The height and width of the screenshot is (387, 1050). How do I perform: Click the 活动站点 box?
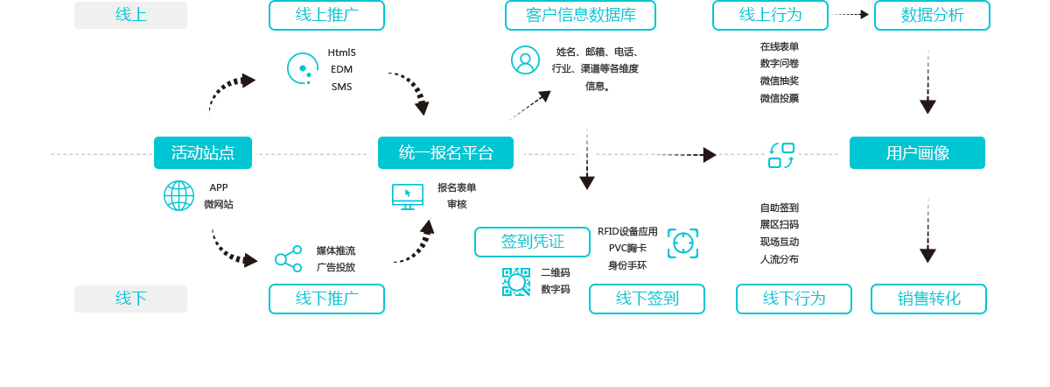click(203, 153)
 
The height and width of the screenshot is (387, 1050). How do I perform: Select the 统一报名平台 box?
click(445, 153)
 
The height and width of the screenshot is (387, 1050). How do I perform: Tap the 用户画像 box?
click(917, 153)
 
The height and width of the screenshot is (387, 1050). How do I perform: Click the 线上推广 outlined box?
click(326, 15)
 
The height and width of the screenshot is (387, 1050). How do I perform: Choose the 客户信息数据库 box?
click(580, 15)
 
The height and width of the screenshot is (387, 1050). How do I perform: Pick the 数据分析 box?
click(932, 15)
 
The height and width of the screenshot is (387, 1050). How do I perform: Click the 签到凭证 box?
click(532, 242)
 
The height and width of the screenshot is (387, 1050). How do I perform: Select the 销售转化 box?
click(928, 299)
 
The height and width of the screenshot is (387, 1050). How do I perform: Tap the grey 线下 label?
click(130, 299)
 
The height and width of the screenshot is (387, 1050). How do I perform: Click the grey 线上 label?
click(130, 15)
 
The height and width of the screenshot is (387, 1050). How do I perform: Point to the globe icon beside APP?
click(178, 195)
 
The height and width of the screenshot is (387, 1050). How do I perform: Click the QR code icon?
click(516, 282)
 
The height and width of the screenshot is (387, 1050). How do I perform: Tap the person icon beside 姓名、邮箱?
click(525, 60)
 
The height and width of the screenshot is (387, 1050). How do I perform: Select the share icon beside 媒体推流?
click(288, 259)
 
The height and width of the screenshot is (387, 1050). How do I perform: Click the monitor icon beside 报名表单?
click(408, 196)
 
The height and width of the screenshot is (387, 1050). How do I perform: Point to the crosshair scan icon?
click(682, 243)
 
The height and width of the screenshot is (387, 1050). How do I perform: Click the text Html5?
click(341, 53)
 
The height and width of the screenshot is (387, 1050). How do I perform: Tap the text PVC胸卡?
click(627, 248)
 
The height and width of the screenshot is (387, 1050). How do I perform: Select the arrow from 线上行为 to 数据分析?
click(851, 15)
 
